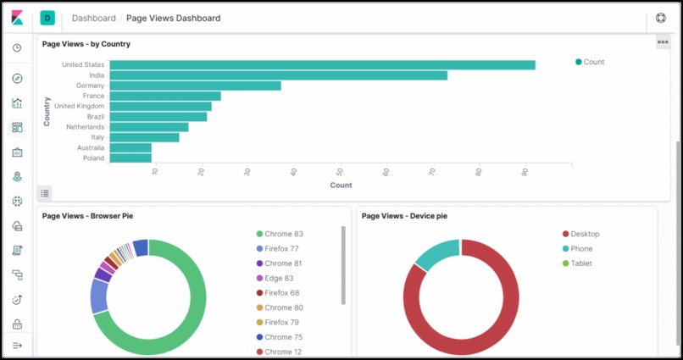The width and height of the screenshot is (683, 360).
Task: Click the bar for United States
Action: [322, 65]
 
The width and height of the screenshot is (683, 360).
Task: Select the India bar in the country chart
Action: [278, 75]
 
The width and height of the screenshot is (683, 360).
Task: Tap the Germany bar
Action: [195, 86]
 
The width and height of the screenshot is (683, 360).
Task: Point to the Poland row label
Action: [93, 158]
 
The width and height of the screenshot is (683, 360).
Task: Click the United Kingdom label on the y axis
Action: [80, 106]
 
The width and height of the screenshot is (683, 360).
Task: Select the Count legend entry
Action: [590, 62]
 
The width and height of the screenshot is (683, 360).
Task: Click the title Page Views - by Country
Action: [86, 44]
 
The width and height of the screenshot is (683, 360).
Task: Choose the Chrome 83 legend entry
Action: [283, 234]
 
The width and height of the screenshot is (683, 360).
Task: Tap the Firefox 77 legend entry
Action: [281, 249]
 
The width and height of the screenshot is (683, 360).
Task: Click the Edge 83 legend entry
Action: [279, 278]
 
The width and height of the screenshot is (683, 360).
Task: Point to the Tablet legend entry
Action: [581, 263]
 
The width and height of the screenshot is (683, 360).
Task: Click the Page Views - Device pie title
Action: [404, 216]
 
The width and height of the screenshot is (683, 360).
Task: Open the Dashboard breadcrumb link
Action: [94, 18]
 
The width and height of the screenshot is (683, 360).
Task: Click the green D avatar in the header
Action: [47, 18]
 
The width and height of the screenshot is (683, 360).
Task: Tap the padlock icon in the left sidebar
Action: [17, 324]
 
